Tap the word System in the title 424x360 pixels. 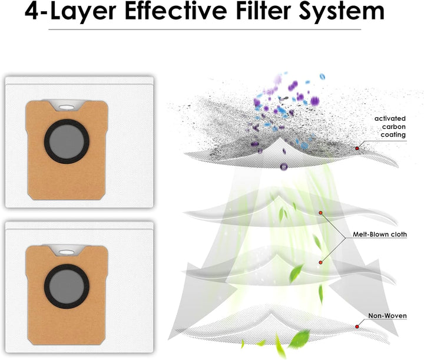[342, 12]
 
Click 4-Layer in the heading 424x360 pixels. [71, 12]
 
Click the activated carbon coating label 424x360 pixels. [390, 127]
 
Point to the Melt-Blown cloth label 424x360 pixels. [380, 235]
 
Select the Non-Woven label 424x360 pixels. [387, 316]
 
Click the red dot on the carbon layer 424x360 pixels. [357, 148]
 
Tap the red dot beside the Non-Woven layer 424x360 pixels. [357, 327]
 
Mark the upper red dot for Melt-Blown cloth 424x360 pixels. [321, 213]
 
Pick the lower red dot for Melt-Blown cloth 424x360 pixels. [321, 262]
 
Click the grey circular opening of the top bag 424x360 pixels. [67, 141]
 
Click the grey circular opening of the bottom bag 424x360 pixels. [67, 286]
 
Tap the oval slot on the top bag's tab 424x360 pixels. [66, 107]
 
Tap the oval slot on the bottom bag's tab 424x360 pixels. [66, 252]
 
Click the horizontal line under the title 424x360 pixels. [205, 29]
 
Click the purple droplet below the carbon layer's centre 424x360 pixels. [283, 167]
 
